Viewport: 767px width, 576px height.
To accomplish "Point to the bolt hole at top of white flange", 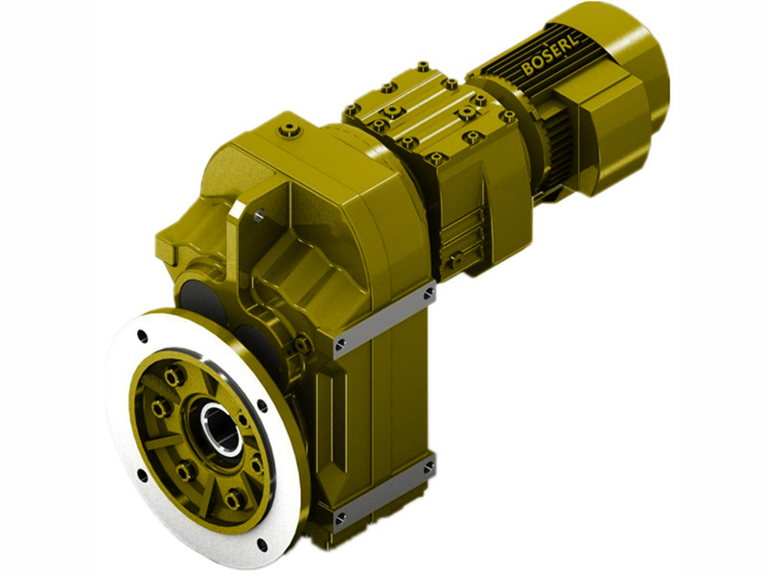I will (x=143, y=335).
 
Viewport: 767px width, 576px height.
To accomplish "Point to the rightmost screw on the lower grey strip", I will (x=428, y=468).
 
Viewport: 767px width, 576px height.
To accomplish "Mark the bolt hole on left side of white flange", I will (x=142, y=473).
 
